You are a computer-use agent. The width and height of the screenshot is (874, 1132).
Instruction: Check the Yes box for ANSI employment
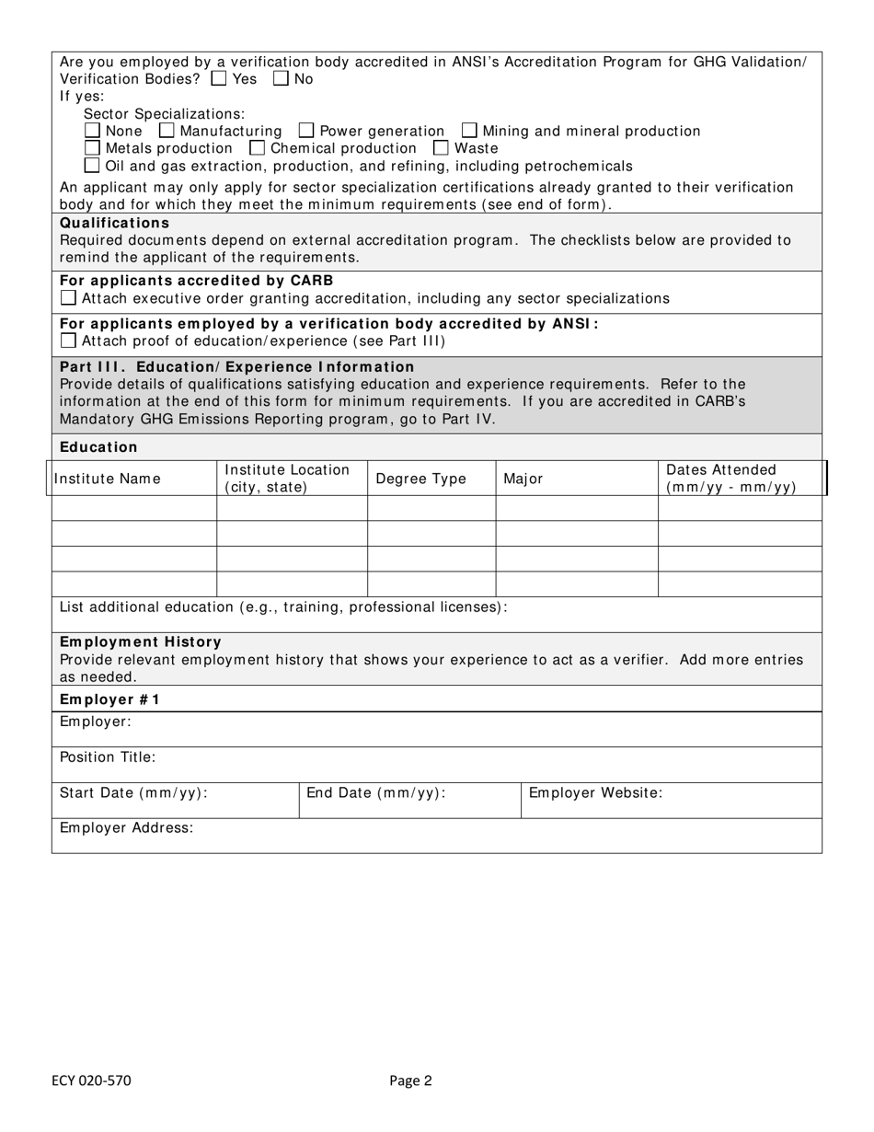click(x=218, y=79)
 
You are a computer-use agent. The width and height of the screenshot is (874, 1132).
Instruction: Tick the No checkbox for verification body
click(x=281, y=79)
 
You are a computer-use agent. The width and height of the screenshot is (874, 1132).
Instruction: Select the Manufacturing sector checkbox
click(x=167, y=131)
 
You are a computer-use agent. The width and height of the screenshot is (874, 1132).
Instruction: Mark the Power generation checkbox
click(x=306, y=131)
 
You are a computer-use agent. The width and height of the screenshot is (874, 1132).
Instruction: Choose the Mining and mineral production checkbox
click(x=469, y=131)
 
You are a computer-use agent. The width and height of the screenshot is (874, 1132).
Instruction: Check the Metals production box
click(x=92, y=148)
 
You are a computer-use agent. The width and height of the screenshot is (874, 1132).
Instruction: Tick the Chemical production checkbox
click(x=258, y=148)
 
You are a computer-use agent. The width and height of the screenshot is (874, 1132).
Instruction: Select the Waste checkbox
click(x=441, y=148)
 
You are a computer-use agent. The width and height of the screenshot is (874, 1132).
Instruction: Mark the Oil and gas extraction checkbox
click(x=92, y=166)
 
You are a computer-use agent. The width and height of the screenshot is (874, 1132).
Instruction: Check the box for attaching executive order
click(x=68, y=298)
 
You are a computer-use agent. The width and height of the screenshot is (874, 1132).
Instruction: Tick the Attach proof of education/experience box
click(x=68, y=341)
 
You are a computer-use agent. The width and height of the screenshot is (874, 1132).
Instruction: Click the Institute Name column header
click(x=107, y=479)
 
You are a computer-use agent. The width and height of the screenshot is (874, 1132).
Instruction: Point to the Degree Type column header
click(x=420, y=479)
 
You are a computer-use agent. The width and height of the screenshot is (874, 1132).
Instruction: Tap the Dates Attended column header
click(x=730, y=479)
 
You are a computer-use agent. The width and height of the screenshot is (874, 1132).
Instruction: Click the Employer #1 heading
click(x=109, y=699)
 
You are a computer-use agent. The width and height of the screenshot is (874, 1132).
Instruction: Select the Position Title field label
click(x=108, y=757)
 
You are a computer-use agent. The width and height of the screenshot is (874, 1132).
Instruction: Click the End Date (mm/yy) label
click(x=375, y=792)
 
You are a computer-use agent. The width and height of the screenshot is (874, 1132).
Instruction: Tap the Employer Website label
click(x=595, y=792)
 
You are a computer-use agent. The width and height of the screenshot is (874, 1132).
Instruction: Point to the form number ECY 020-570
click(x=92, y=1080)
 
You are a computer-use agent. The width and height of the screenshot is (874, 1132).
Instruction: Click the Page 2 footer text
click(x=410, y=1080)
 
